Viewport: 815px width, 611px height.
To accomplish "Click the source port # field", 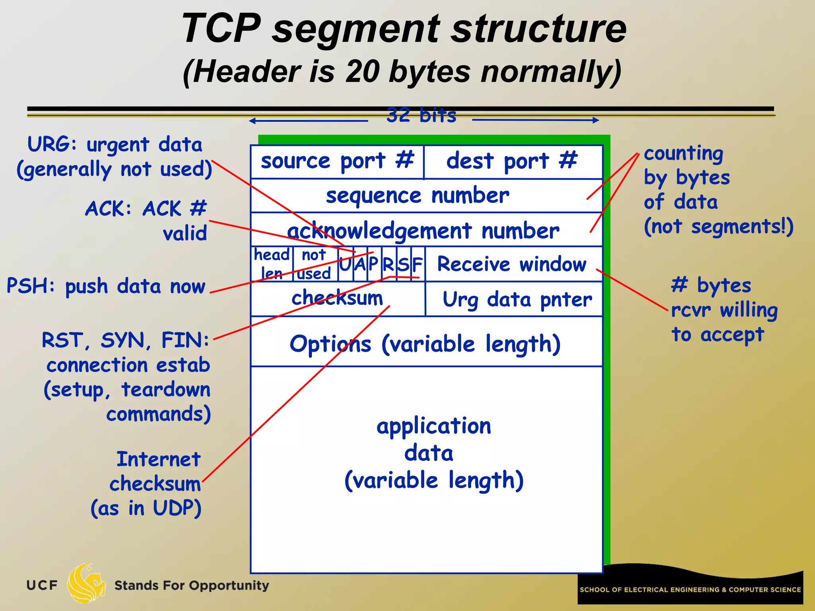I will [x=337, y=162].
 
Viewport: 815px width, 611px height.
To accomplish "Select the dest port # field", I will [x=512, y=162].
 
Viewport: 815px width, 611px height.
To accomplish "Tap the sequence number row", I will [x=418, y=196].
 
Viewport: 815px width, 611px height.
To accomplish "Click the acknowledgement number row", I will [x=423, y=231].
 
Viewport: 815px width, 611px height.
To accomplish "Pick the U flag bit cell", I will [x=345, y=264].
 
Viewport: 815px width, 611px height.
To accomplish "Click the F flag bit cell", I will [x=417, y=264].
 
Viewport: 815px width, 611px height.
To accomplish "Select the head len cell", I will [x=272, y=264].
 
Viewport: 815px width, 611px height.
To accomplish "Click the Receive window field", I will [x=512, y=264].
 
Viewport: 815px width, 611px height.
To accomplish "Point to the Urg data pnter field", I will [x=517, y=299].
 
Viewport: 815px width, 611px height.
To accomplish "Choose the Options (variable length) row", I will [x=425, y=344].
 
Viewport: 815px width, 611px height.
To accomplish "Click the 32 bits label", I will [x=421, y=115].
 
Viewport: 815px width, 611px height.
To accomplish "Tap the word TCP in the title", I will [x=221, y=29].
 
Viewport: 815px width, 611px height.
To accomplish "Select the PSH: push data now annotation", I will [x=106, y=286].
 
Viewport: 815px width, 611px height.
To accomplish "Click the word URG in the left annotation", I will [x=47, y=144].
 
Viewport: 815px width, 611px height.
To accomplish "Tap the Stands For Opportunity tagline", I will [x=191, y=586].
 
